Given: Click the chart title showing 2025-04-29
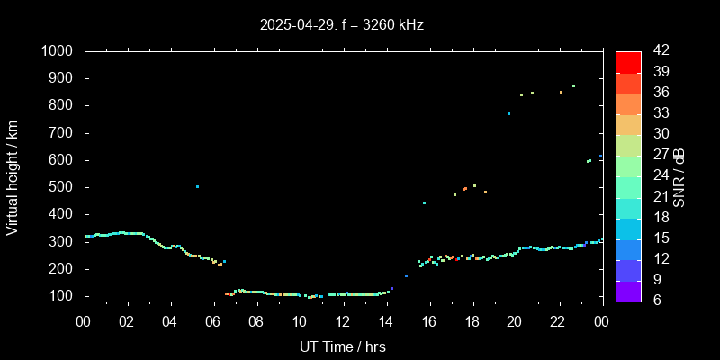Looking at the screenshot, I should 342,24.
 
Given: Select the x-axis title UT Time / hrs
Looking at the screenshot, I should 342,346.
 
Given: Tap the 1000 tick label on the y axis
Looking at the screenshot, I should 60,51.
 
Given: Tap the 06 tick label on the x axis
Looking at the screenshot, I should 213,321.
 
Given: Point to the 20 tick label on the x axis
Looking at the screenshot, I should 515,321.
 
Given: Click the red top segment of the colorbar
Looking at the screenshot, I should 628,61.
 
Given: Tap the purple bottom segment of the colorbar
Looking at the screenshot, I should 628,290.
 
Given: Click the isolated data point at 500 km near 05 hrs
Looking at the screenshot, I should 197,187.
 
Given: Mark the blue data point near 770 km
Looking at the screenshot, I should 508,113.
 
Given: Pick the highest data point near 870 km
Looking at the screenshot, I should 573,86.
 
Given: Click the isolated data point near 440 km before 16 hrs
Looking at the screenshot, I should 424,203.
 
